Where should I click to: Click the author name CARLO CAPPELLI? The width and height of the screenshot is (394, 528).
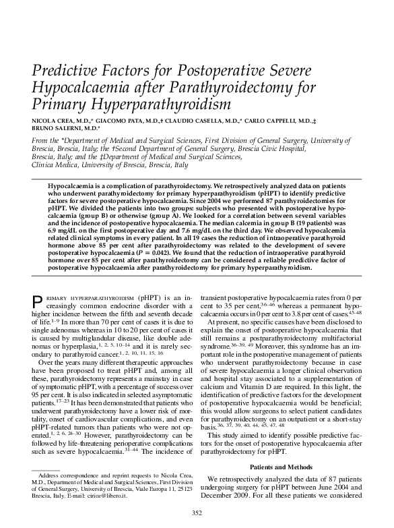tap(268, 119)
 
